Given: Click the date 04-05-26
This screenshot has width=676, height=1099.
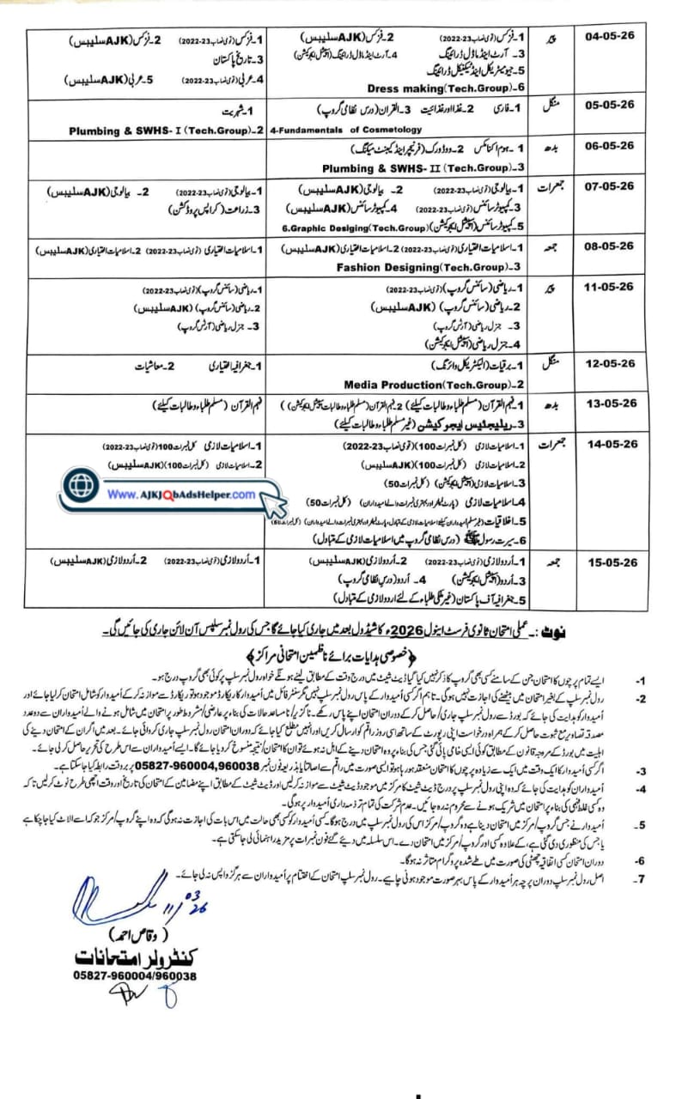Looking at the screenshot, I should pyautogui.click(x=610, y=38).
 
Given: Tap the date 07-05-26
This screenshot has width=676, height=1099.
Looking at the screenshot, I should pyautogui.click(x=610, y=185).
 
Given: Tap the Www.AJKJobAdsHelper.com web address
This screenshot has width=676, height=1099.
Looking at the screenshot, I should pyautogui.click(x=181, y=495).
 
